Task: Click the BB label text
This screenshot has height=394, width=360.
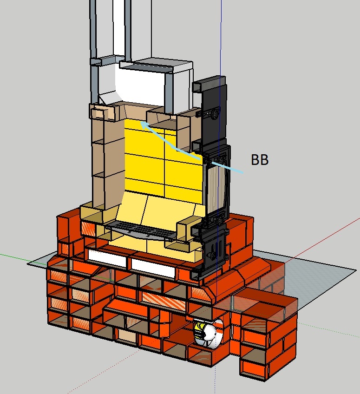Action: tap(260, 159)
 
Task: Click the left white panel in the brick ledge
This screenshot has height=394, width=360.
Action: tap(107, 258)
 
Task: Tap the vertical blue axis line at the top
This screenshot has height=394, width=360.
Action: tap(221, 38)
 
